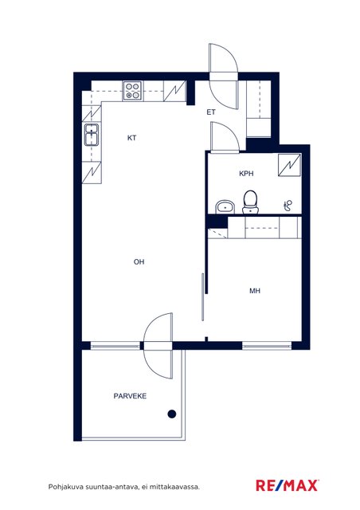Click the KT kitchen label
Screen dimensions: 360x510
tap(131, 138)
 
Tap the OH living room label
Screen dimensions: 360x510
tap(139, 262)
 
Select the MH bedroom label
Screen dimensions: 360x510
tap(255, 291)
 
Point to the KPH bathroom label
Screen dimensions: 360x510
tap(246, 174)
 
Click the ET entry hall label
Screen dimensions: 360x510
tap(211, 112)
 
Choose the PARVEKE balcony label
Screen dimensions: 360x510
tap(130, 396)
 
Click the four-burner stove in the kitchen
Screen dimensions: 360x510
tap(132, 91)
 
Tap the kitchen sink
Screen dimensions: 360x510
tap(92, 135)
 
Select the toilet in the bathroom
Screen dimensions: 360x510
tap(250, 202)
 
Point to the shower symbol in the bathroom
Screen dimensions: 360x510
tap(288, 206)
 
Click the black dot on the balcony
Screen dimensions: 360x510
tap(172, 414)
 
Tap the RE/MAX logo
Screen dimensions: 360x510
tap(288, 485)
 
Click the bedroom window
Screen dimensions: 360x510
tap(267, 346)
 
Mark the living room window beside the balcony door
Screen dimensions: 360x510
tap(115, 346)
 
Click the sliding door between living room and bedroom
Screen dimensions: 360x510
tap(203, 297)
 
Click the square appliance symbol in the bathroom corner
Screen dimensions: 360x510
tap(289, 165)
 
